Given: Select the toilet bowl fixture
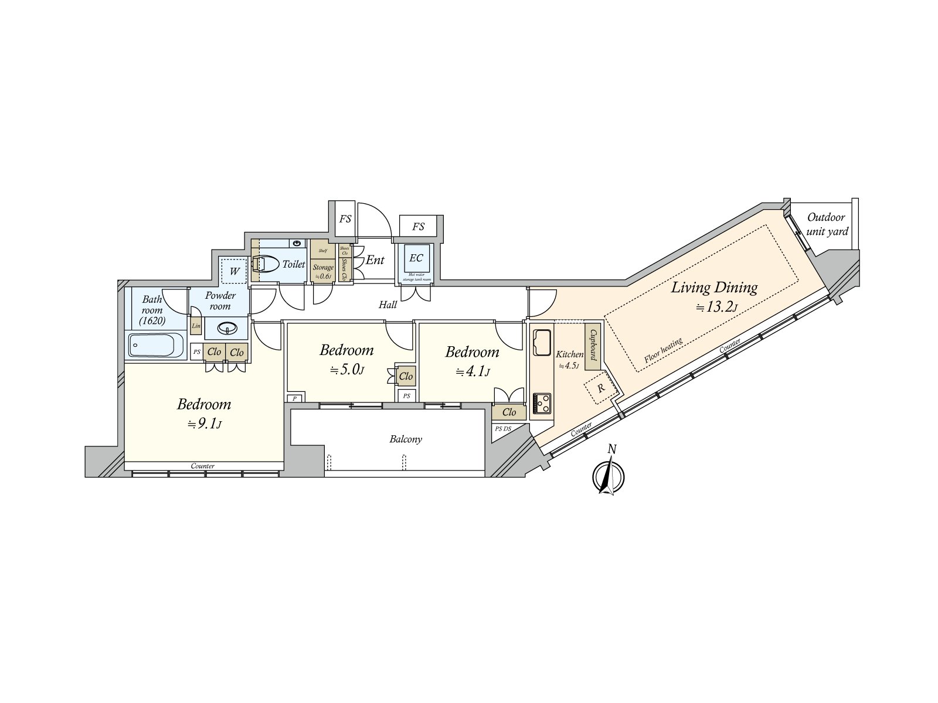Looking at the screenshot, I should pos(266,264).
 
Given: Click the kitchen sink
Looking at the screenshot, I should pos(542,342).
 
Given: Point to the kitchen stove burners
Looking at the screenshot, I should pos(542,404).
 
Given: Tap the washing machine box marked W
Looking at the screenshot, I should pos(235,271).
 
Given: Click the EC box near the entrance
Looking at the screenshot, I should pos(416,258).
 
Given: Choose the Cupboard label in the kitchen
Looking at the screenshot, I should pos(593,346).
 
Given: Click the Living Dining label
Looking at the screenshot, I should pos(714,288).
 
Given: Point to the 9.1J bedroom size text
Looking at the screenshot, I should pos(204,424).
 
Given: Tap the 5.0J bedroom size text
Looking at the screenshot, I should pos(348,370).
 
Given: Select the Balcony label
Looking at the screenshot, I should pos(406,439).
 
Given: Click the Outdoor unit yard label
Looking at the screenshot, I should pos(827,224).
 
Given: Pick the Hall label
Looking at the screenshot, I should pos(388,305).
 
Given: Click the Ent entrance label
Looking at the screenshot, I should pos(375,260).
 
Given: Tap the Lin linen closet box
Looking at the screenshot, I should pos(196,326).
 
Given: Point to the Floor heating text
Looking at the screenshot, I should pos(663,351).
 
